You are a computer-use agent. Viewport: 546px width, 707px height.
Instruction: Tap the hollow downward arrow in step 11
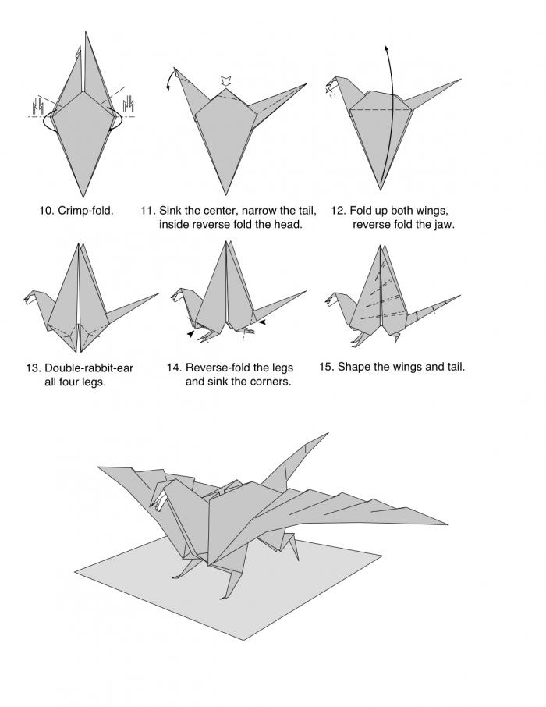(x=225, y=80)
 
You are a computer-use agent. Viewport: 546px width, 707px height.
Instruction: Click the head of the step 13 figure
(x=31, y=296)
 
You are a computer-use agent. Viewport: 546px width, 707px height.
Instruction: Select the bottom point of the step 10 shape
(x=82, y=196)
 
